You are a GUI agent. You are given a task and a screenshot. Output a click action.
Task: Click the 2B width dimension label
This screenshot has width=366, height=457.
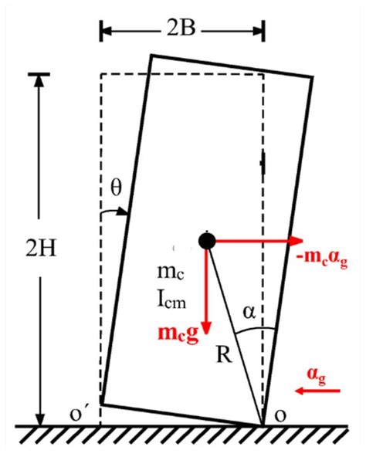click(182, 31)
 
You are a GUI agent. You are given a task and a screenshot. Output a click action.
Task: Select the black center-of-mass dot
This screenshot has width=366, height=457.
click(206, 240)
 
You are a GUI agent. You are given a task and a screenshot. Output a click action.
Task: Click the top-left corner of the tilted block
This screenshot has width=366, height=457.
click(151, 56)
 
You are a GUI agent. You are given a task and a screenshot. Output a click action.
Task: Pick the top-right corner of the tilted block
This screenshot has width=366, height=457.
click(313, 76)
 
